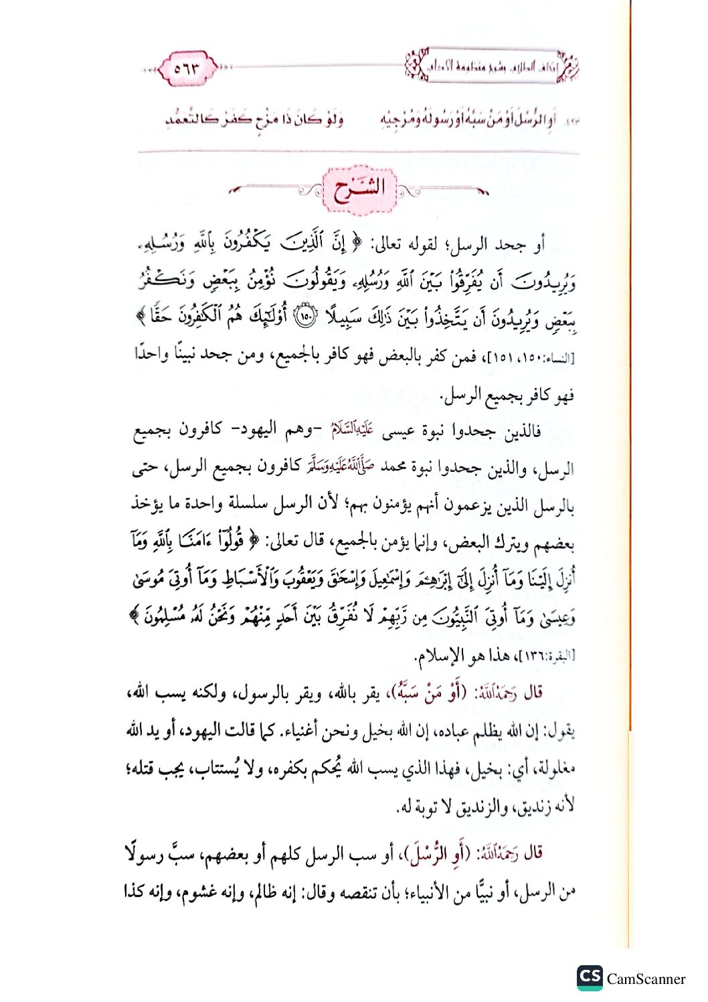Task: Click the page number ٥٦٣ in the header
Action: (187, 68)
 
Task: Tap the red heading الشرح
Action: (359, 189)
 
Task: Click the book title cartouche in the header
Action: (493, 67)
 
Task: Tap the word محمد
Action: (391, 467)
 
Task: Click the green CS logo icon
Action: (590, 977)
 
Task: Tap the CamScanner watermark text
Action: (646, 979)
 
